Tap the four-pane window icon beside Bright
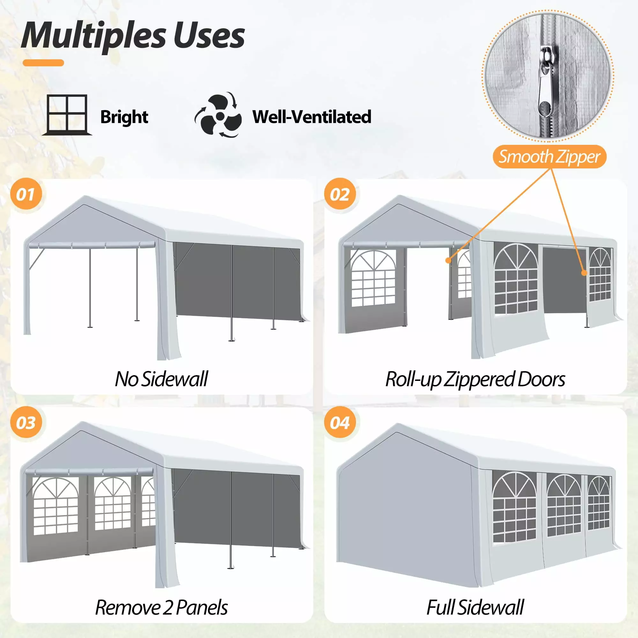click(x=67, y=115)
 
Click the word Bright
click(x=124, y=117)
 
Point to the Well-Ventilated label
click(x=312, y=116)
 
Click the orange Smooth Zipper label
click(x=549, y=157)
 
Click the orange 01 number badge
click(x=26, y=194)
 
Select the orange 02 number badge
click(x=340, y=194)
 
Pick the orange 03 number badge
click(x=26, y=423)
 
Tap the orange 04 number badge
click(x=340, y=423)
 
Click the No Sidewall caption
click(x=161, y=379)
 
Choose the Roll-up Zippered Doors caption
click(x=475, y=379)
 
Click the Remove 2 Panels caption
click(x=161, y=607)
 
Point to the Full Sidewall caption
click(x=475, y=607)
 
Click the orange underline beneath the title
click(x=43, y=63)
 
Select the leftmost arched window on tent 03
click(x=56, y=506)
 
